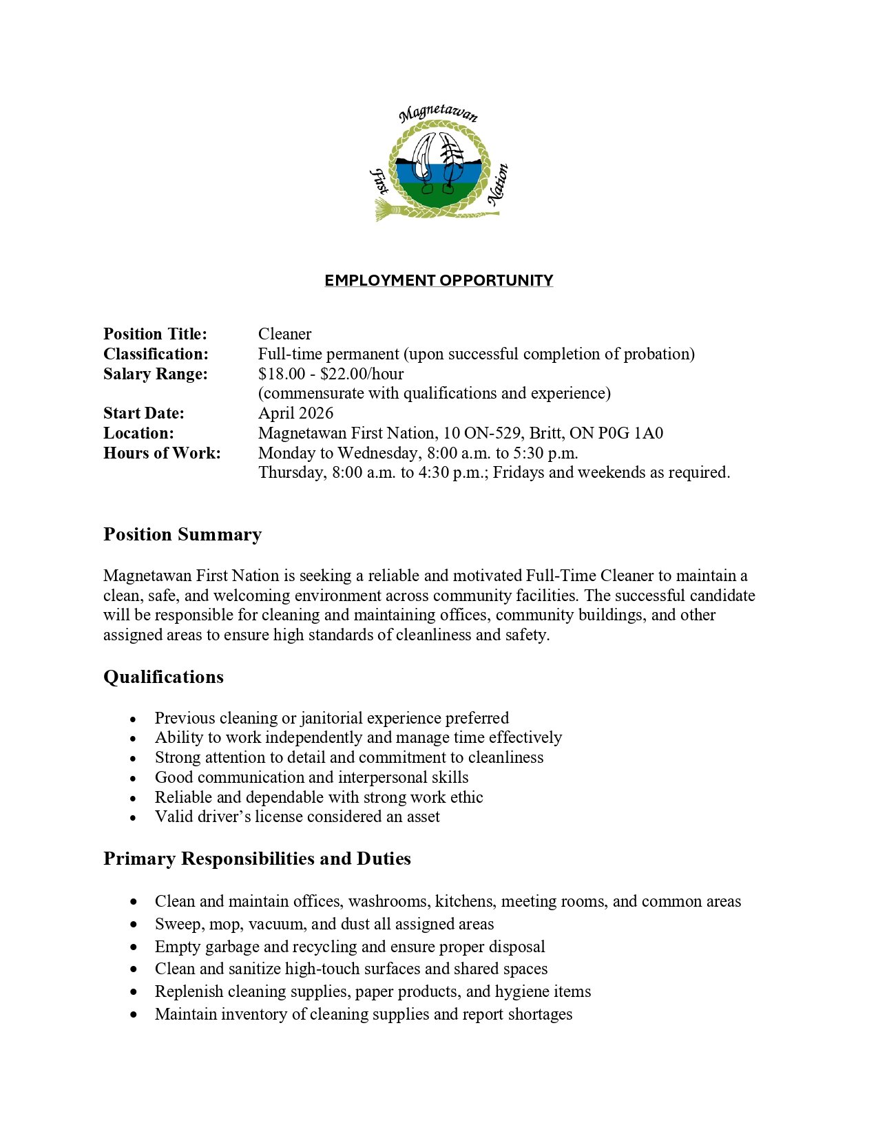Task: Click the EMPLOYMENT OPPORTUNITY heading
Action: pyautogui.click(x=439, y=280)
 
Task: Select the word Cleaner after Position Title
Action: pyautogui.click(x=284, y=334)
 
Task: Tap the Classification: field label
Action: pyautogui.click(x=156, y=354)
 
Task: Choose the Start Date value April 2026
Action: pyautogui.click(x=295, y=413)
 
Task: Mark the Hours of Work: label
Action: pyautogui.click(x=162, y=453)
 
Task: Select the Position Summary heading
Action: pyautogui.click(x=182, y=534)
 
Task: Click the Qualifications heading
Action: pyautogui.click(x=163, y=677)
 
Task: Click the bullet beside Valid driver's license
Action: pyautogui.click(x=133, y=818)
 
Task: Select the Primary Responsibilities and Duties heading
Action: pyautogui.click(x=257, y=859)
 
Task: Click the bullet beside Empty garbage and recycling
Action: pyautogui.click(x=133, y=947)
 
